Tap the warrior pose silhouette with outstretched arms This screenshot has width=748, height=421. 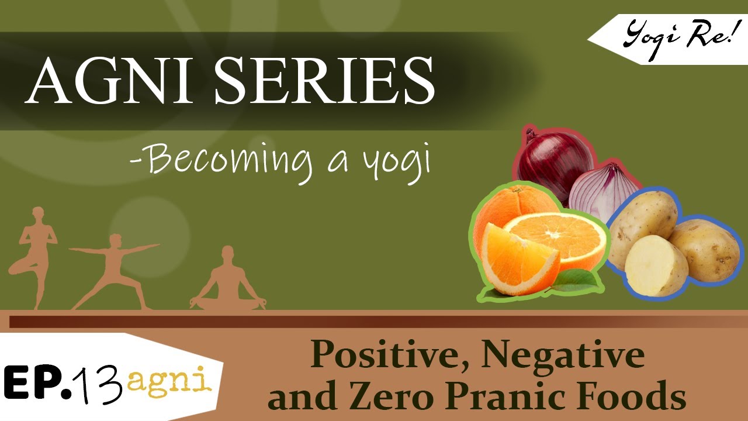point(114,269)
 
